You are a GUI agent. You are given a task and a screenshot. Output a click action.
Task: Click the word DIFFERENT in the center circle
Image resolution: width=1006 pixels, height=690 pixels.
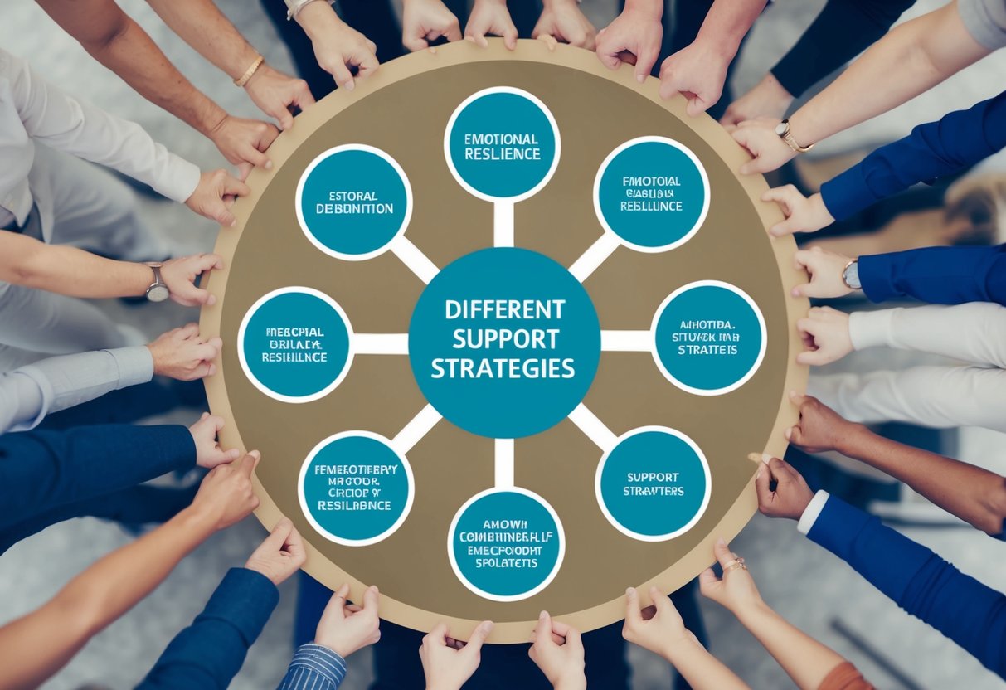(x=504, y=310)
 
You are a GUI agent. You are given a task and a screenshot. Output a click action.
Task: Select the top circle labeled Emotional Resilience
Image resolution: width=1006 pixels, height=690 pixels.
(x=502, y=145)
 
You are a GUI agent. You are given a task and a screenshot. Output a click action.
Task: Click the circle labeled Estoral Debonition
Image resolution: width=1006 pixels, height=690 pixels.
(x=353, y=202)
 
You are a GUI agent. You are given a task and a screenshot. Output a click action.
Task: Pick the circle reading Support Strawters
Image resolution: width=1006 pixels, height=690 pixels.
(x=653, y=483)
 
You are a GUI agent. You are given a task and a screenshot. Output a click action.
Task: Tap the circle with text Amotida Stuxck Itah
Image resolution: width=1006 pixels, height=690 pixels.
(x=708, y=338)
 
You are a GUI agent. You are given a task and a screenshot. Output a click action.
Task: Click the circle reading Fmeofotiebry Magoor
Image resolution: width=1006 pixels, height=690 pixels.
(x=356, y=488)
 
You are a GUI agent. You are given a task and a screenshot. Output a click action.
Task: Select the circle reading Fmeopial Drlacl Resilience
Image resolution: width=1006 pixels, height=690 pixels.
(x=294, y=343)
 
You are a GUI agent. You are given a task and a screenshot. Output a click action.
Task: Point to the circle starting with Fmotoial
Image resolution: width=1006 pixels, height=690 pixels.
(x=651, y=194)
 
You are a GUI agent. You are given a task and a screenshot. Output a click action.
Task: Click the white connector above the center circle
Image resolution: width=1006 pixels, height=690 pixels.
(x=503, y=224)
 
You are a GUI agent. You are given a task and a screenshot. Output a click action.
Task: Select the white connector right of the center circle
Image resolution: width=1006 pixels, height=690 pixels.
(x=626, y=341)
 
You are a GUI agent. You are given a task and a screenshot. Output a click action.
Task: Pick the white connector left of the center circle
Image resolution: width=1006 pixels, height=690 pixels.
(x=381, y=343)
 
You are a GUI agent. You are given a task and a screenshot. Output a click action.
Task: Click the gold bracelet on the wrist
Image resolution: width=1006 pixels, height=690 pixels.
(x=248, y=71)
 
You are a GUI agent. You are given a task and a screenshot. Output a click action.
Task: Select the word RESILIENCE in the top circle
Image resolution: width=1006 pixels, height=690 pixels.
(x=502, y=155)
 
